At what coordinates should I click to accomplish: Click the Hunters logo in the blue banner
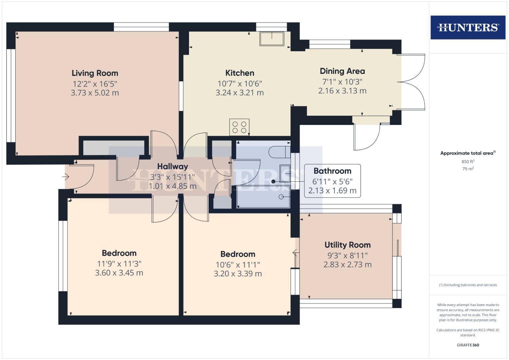(x=468, y=27)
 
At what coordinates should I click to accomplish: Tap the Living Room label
(x=95, y=73)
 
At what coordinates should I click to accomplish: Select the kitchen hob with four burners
(x=239, y=127)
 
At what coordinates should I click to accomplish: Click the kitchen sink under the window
(x=272, y=39)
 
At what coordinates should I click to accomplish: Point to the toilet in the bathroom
(x=279, y=152)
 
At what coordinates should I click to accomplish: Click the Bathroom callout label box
(x=332, y=181)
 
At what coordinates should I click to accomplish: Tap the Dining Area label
(x=342, y=71)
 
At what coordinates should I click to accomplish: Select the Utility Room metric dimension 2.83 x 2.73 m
(x=347, y=265)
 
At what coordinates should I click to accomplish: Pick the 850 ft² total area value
(x=468, y=162)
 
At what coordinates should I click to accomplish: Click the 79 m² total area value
(x=468, y=169)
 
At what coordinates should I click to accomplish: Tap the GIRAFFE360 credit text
(x=468, y=345)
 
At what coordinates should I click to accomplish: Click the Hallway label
(x=173, y=166)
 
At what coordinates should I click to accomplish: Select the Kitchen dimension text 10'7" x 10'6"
(x=240, y=84)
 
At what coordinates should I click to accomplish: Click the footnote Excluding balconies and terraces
(x=468, y=285)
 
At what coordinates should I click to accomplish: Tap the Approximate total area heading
(x=467, y=153)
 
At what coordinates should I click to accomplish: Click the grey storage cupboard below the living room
(x=114, y=148)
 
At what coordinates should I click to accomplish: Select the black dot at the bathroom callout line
(x=273, y=182)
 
